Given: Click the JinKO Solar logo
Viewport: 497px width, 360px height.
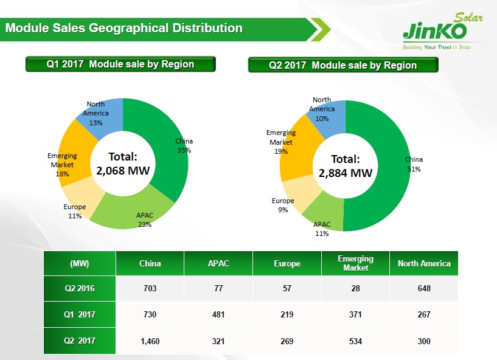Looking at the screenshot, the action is click(x=443, y=32).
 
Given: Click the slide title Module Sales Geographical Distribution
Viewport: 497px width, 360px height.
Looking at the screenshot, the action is click(x=124, y=28).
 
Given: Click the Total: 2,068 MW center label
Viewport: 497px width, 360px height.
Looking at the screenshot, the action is click(x=123, y=164).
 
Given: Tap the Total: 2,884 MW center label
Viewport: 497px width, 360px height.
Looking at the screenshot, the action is click(x=346, y=166).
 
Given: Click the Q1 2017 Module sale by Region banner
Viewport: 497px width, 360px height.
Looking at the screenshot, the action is click(x=120, y=64).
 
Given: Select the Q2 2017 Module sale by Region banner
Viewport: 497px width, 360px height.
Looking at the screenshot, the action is click(x=343, y=65).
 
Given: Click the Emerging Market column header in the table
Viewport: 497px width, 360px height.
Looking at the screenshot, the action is click(x=356, y=263).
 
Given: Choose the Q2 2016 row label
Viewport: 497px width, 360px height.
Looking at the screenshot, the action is click(x=80, y=288).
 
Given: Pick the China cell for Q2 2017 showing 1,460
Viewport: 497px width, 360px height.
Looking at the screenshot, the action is click(x=150, y=341).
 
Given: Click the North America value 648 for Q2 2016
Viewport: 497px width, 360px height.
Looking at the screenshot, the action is click(x=424, y=288).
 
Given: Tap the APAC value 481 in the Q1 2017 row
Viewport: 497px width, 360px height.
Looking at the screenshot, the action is click(x=218, y=314).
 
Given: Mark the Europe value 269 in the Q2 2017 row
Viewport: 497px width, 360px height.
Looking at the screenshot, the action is click(x=287, y=341).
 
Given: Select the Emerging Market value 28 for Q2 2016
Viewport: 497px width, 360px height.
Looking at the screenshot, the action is click(x=356, y=288).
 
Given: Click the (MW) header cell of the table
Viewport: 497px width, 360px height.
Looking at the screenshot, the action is click(x=80, y=263).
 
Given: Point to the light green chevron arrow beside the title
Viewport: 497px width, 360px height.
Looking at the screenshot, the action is click(x=321, y=29).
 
